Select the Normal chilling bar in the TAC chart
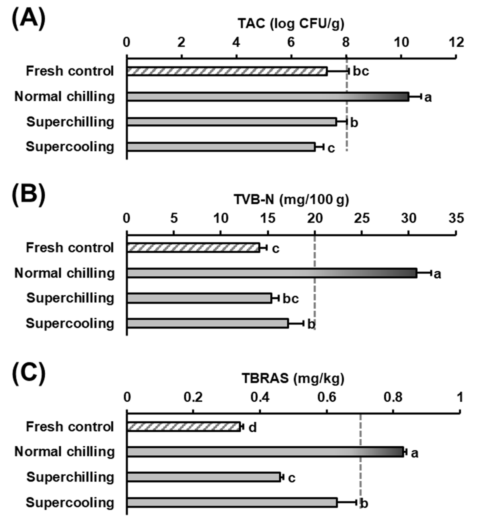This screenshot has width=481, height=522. pyautogui.click(x=268, y=97)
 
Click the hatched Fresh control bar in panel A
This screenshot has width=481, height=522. pyautogui.click(x=227, y=71)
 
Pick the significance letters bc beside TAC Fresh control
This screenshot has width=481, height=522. pyautogui.click(x=361, y=71)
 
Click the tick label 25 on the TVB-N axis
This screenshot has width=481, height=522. pyautogui.click(x=362, y=218)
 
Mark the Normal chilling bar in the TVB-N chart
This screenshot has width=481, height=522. pyautogui.click(x=272, y=273)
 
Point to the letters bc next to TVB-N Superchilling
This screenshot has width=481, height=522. pyautogui.click(x=291, y=299)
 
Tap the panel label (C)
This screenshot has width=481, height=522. pyautogui.click(x=29, y=374)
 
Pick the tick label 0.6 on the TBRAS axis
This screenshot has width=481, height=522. pyautogui.click(x=326, y=397)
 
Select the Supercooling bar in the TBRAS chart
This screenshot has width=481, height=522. pyautogui.click(x=232, y=503)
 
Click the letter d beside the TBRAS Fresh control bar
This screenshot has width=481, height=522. pyautogui.click(x=253, y=428)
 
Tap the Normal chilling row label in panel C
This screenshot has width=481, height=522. pyautogui.click(x=65, y=452)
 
